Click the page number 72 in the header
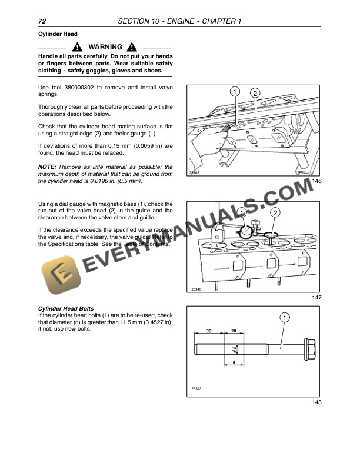click(42, 22)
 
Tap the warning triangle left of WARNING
click(77, 47)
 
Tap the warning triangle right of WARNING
click(131, 47)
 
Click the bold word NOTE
click(46, 167)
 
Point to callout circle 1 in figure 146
click(234, 92)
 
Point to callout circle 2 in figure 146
click(255, 94)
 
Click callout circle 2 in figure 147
click(275, 212)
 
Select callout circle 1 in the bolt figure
click(285, 318)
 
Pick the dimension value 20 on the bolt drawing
click(233, 331)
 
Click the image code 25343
click(196, 388)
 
